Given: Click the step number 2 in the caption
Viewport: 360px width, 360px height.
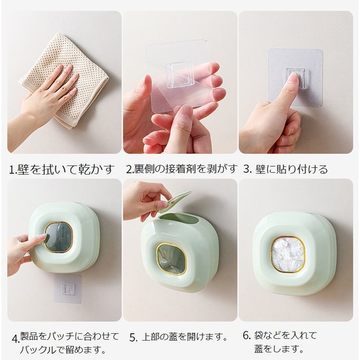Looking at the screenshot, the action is (129, 169).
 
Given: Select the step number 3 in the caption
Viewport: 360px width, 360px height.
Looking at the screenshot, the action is (247, 169).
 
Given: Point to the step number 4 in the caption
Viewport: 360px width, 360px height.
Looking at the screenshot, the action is (15, 339).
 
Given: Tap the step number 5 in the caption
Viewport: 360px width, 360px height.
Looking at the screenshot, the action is (132, 338).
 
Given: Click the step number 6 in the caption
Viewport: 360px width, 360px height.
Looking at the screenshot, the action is (246, 336).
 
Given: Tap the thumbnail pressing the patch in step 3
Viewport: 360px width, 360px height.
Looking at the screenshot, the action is (293, 78).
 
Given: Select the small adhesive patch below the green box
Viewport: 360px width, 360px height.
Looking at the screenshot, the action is (68, 288).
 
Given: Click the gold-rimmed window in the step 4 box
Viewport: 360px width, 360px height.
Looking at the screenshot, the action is (58, 237).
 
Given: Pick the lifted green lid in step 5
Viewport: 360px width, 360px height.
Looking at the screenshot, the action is (175, 201).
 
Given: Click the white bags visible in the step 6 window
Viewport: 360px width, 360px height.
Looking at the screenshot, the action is (288, 254).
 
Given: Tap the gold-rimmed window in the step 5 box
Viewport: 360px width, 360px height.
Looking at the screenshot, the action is (171, 259).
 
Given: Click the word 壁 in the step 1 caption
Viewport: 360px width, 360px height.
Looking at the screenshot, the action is (22, 169).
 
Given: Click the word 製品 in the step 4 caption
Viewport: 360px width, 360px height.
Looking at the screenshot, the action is (29, 337).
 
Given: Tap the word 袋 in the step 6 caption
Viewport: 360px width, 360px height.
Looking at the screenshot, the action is (258, 336).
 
